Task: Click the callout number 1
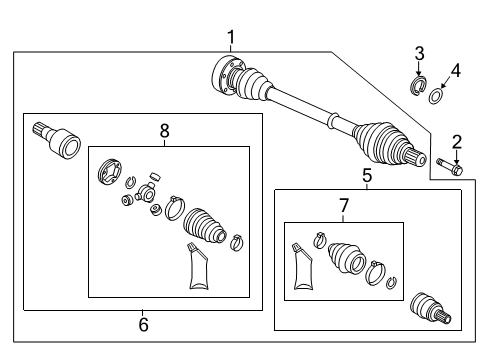[x=231, y=37]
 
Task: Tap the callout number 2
[x=457, y=142]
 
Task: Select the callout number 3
[x=419, y=53]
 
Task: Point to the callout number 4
[x=456, y=71]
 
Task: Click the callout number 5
[x=367, y=175]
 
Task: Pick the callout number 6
[x=143, y=324]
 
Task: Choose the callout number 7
[x=344, y=206]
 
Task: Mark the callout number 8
[x=165, y=131]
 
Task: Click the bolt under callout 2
[x=450, y=166]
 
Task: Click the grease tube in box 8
[x=198, y=266]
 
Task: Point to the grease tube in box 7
[x=303, y=266]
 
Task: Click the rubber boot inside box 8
[x=205, y=226]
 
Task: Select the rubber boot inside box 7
[x=347, y=257]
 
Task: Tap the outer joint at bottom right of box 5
[x=431, y=308]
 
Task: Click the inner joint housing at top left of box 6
[x=57, y=141]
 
